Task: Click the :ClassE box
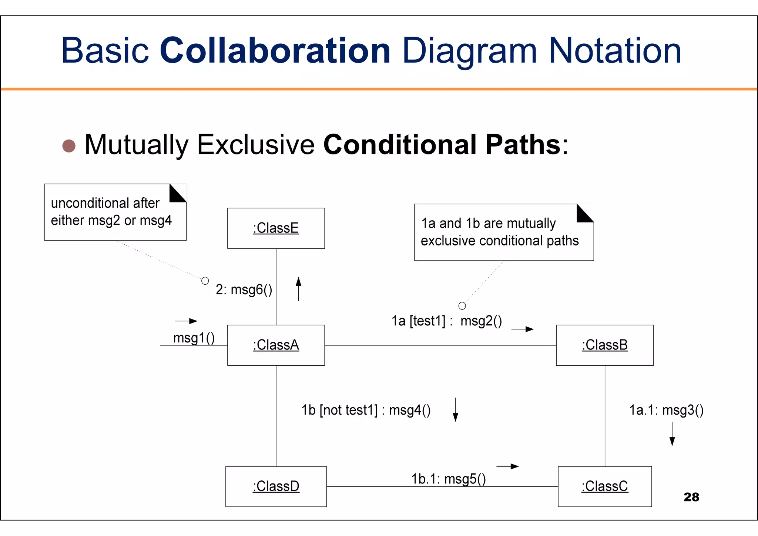point(276,228)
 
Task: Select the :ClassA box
point(276,345)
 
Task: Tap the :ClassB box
point(604,345)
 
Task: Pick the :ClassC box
point(604,486)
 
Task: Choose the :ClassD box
point(276,486)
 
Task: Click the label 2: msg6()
point(244,289)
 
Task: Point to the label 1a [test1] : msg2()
point(446,321)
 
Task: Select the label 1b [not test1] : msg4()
point(366,410)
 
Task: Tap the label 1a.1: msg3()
point(666,410)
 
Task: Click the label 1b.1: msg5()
point(448,479)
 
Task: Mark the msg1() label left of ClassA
point(194,338)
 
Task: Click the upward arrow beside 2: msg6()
point(298,289)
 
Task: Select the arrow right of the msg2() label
point(523,329)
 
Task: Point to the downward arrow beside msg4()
point(455,410)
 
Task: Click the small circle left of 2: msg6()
point(205,281)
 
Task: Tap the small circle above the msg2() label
point(462,306)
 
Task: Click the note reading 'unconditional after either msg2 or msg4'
point(115,212)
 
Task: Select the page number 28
point(691,497)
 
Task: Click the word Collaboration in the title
point(275,50)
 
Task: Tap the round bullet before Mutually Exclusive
point(69,145)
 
